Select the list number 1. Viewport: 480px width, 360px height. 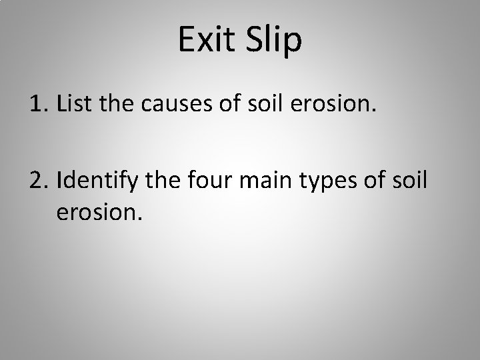(x=37, y=105)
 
